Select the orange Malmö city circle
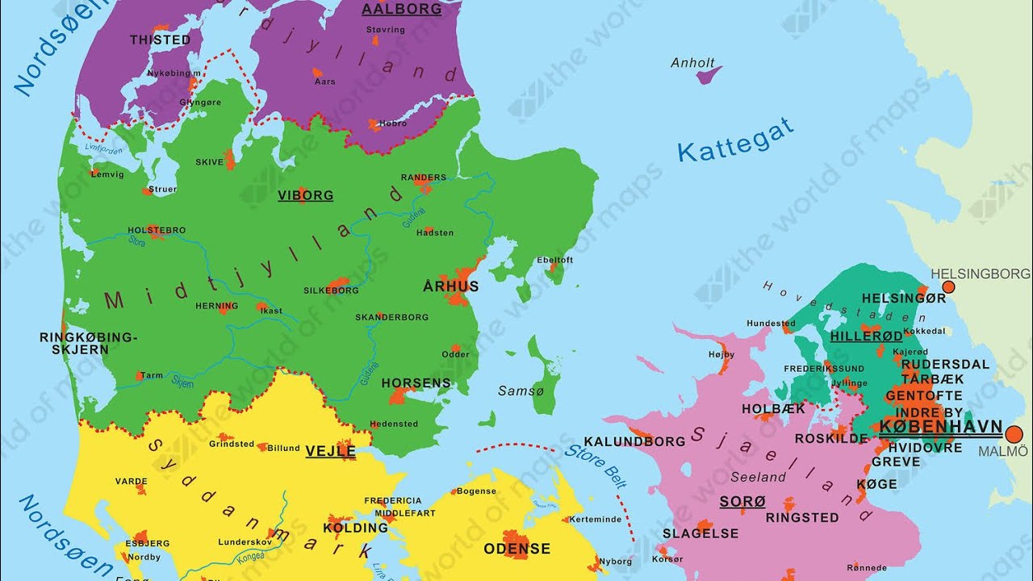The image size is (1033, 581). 1014,434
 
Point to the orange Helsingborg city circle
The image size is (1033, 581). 948,286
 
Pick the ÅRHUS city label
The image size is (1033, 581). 451,286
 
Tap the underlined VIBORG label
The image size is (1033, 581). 305,195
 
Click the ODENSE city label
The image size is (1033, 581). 516,549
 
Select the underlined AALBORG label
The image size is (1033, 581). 401,10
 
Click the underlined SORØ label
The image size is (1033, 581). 742,502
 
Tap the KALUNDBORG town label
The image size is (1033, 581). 634,441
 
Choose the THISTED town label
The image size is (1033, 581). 161,40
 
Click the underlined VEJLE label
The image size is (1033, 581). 330,451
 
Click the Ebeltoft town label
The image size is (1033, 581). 554,260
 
